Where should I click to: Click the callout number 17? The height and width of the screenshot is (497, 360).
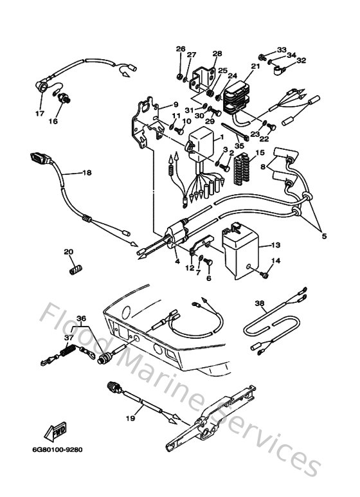[x=39, y=114]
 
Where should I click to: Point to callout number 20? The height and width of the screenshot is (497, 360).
[x=69, y=252]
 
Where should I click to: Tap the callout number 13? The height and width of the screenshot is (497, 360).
[x=275, y=245]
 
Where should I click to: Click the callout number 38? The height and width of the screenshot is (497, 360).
[x=260, y=303]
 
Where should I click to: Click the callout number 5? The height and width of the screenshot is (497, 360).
[x=324, y=236]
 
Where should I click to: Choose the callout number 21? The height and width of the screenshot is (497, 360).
[x=256, y=66]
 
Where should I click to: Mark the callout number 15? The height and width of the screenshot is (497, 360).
[x=260, y=152]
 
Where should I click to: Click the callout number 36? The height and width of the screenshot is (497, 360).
[x=81, y=318]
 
